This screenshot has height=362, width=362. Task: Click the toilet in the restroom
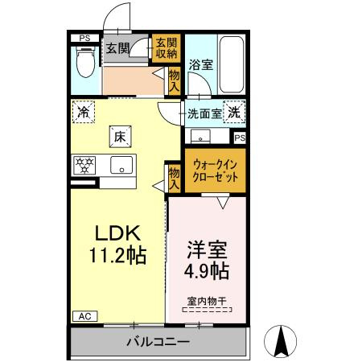(85, 62)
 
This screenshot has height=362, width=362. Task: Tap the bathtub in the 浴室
(232, 64)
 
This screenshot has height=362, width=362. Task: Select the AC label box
(85, 316)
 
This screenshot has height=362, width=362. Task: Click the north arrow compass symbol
(281, 341)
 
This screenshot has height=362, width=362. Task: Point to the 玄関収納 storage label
(167, 48)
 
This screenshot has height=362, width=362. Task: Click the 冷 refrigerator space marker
(84, 112)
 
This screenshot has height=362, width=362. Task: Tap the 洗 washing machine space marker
(234, 112)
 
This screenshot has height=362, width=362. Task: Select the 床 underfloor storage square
(120, 137)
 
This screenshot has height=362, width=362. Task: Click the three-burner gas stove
(84, 165)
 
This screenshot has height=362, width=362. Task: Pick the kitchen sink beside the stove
(121, 165)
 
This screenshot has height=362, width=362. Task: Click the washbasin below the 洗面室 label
(200, 136)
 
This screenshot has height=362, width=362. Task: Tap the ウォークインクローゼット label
(216, 171)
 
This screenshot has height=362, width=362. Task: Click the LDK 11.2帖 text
(118, 244)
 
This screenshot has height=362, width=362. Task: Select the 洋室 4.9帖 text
(207, 261)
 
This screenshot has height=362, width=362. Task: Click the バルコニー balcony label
(158, 342)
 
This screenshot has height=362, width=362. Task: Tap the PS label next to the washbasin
(240, 138)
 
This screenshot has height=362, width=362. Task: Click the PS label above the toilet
(84, 38)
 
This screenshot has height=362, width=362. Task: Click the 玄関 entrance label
(117, 48)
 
